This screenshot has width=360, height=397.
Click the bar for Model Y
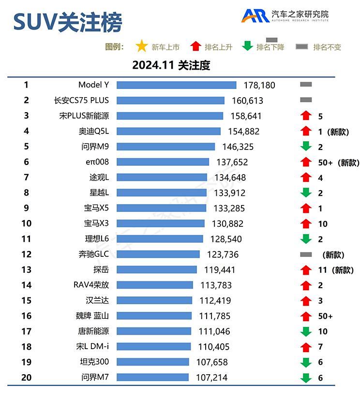[176, 85]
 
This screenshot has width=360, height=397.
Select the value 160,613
[247, 101]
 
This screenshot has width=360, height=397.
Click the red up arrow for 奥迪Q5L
[305, 132]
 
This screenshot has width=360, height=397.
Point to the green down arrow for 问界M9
[305, 147]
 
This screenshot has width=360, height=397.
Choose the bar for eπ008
[163, 162]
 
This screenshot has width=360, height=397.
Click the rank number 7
[26, 177]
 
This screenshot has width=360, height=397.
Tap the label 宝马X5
[96, 208]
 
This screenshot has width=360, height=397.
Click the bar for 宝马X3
[161, 223]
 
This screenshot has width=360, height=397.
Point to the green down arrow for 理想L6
[305, 239]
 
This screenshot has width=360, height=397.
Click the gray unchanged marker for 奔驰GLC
[305, 254]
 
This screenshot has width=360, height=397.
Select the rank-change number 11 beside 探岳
[323, 270]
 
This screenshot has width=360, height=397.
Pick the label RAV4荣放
[91, 285]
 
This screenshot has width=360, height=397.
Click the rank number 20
[26, 377]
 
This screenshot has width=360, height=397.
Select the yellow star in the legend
[141, 46]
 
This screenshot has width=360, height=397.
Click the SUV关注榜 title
[68, 22]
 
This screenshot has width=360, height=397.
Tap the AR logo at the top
[256, 15]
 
